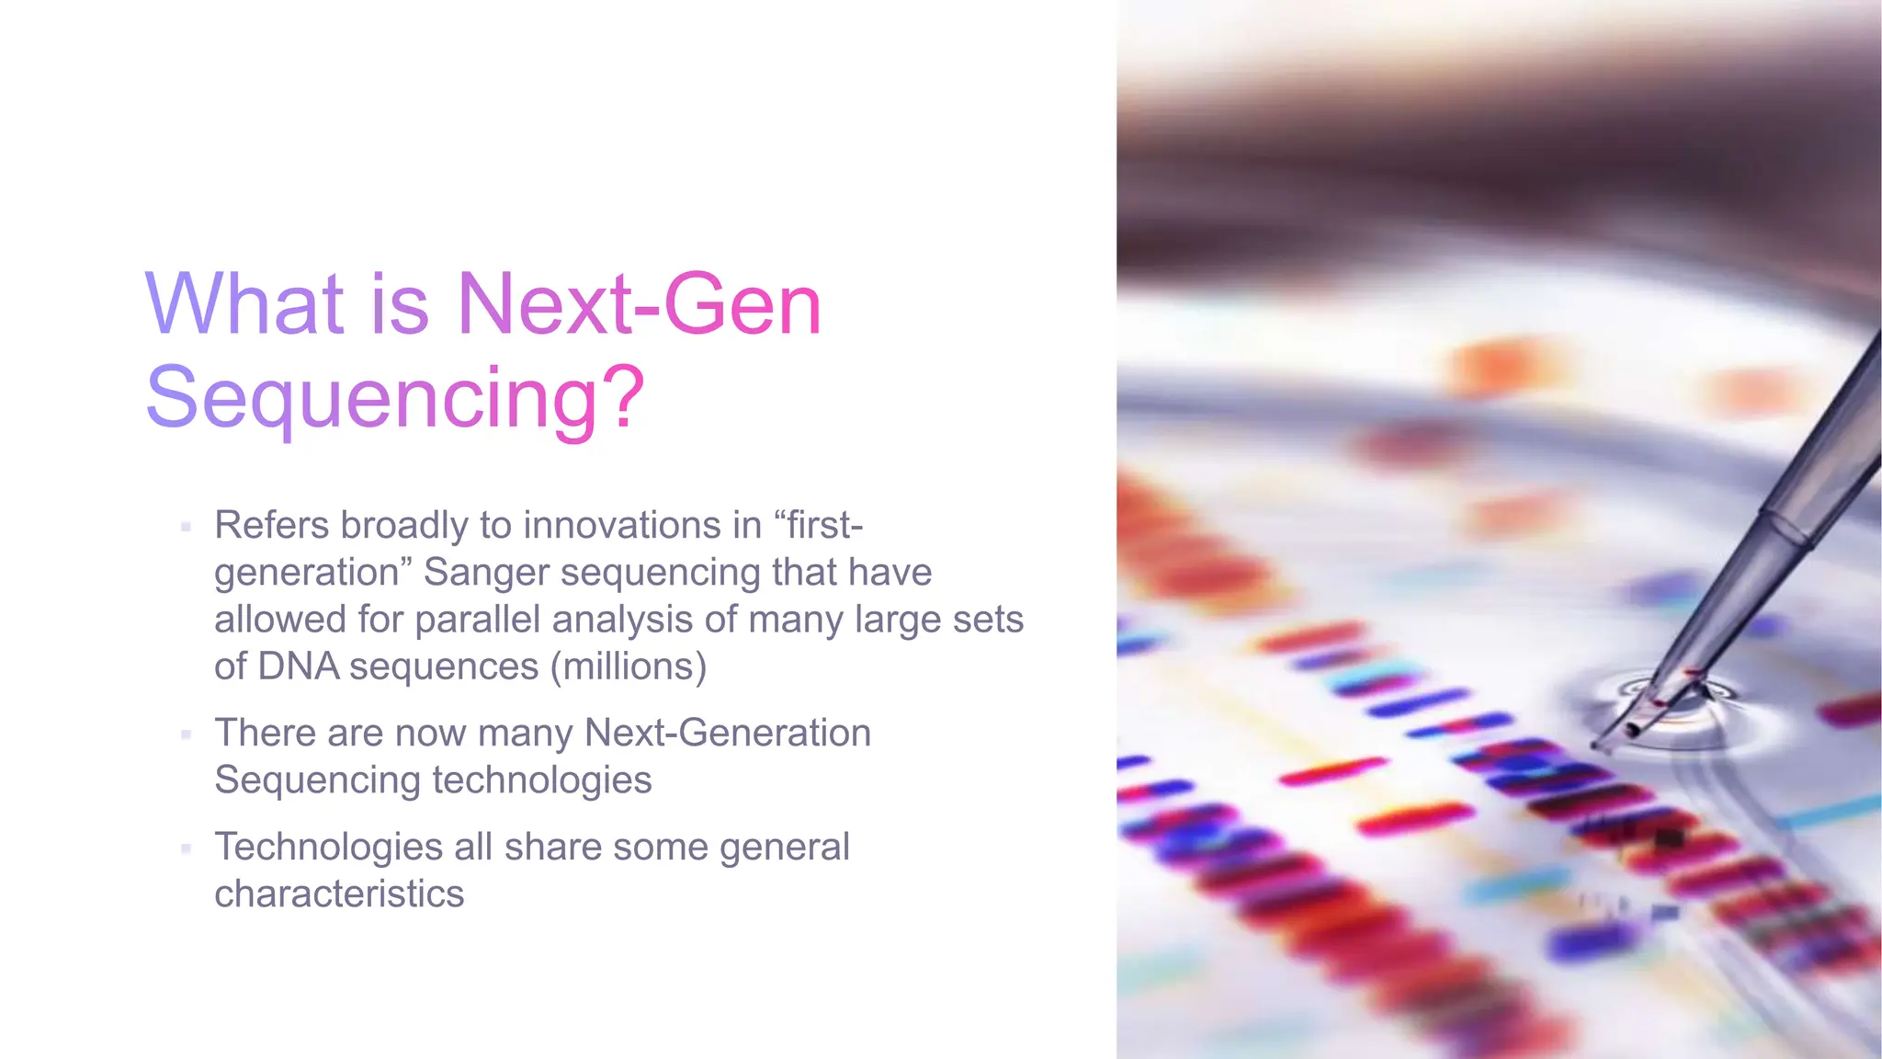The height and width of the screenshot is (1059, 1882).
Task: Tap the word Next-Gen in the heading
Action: tap(639, 303)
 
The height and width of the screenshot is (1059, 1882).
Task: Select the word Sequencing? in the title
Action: tap(395, 397)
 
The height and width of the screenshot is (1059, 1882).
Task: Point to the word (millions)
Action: tap(629, 666)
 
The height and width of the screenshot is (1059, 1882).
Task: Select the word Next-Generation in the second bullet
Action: tap(727, 733)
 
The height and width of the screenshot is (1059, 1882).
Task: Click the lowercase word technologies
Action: tap(541, 780)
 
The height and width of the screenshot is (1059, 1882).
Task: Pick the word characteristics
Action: tap(339, 894)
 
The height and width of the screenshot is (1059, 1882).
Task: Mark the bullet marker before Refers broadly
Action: tap(186, 527)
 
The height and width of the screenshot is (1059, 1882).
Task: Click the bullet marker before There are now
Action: tap(186, 734)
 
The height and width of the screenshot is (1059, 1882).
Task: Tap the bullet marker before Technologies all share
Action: tap(186, 848)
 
